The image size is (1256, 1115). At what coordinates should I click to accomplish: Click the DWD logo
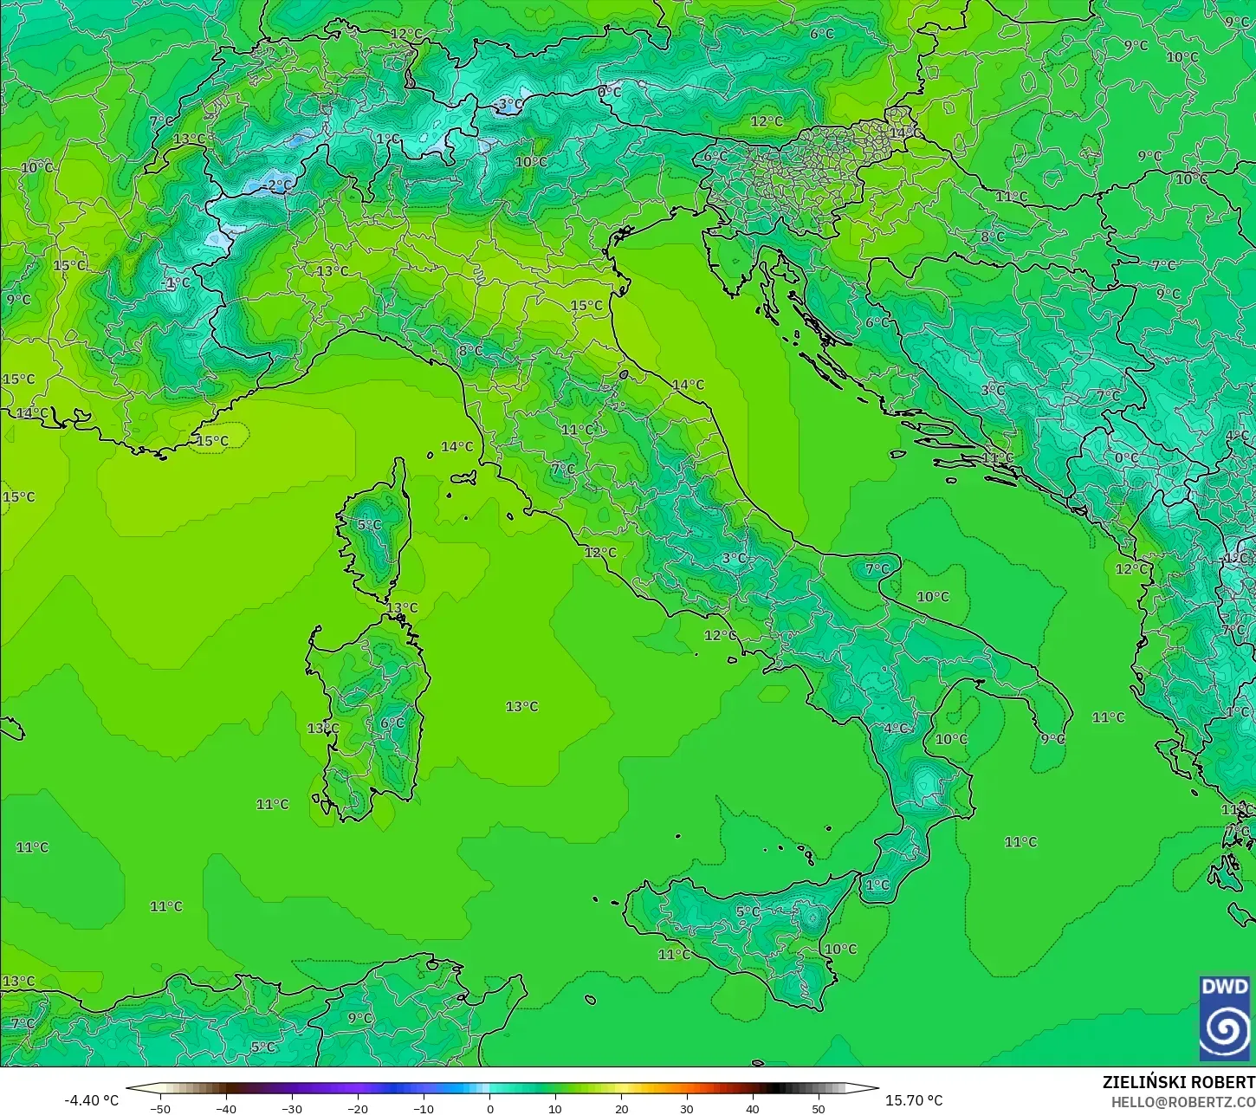(x=1225, y=1018)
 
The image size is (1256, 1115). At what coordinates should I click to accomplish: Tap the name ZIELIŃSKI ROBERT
(x=1178, y=1082)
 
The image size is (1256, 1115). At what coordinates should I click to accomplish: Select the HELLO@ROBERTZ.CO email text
(x=1183, y=1102)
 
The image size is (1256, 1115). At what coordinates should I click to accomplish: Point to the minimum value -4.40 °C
(x=91, y=1100)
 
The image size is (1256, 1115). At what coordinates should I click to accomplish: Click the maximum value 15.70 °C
(x=914, y=1100)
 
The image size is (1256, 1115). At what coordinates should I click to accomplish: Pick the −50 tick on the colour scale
(x=160, y=1108)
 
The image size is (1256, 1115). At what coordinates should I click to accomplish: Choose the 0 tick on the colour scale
(x=489, y=1108)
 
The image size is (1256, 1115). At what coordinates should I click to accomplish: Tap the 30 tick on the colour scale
(x=687, y=1108)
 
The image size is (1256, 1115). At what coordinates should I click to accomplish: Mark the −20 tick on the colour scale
(x=358, y=1108)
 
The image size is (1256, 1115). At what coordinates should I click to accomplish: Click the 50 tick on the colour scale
(x=819, y=1108)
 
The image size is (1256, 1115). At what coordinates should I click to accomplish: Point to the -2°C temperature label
(x=278, y=185)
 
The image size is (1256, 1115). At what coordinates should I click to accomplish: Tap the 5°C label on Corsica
(x=369, y=524)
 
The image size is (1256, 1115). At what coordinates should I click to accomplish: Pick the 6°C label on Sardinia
(x=392, y=723)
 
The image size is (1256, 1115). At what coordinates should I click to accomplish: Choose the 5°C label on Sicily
(x=748, y=911)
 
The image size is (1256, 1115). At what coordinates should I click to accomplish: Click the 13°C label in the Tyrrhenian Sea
(x=521, y=706)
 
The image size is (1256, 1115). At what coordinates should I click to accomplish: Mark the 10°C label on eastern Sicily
(x=839, y=949)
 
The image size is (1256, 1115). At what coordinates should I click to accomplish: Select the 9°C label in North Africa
(x=359, y=1018)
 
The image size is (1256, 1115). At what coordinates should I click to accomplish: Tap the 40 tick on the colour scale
(x=753, y=1108)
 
